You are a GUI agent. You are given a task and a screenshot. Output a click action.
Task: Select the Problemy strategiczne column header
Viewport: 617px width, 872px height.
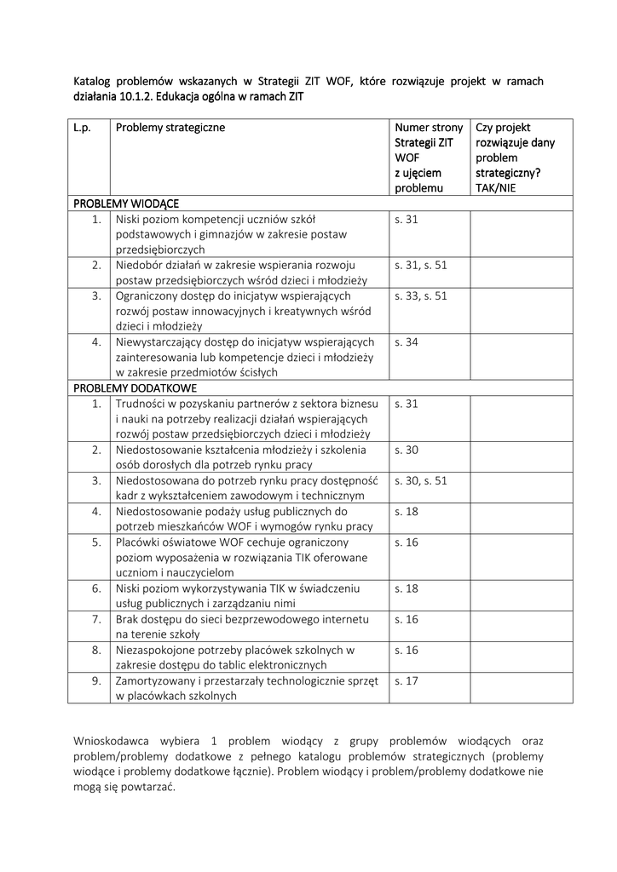(x=170, y=127)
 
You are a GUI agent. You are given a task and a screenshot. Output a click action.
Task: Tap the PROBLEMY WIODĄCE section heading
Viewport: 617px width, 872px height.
(x=126, y=204)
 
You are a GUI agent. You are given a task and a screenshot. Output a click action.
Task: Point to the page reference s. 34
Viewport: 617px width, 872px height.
(x=407, y=342)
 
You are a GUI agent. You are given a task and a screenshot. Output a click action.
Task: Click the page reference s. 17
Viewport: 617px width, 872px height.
(x=407, y=680)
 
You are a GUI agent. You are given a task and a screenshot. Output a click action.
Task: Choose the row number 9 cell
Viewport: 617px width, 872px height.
(x=96, y=680)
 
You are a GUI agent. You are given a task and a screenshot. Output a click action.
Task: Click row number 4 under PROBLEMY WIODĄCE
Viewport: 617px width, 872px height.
(x=96, y=342)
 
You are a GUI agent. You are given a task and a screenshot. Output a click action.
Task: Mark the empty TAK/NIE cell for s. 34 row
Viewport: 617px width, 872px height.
(x=521, y=357)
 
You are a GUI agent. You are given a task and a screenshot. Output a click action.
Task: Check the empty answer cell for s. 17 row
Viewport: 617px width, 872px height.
(x=521, y=688)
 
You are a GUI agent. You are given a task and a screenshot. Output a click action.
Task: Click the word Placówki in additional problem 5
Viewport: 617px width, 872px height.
(x=139, y=542)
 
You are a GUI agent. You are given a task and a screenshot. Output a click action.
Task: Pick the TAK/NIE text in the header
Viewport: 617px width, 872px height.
(x=496, y=188)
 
